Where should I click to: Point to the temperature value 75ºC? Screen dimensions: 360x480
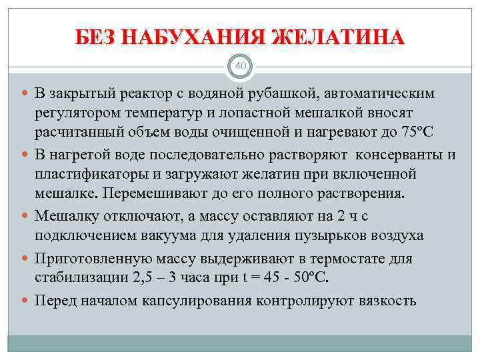click(418, 130)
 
